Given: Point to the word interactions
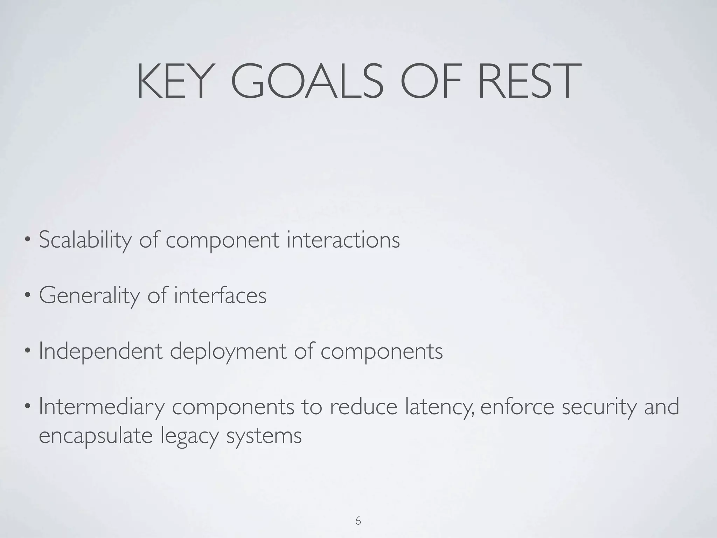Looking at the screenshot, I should coord(343,240).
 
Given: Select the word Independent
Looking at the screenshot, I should coord(101,352).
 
